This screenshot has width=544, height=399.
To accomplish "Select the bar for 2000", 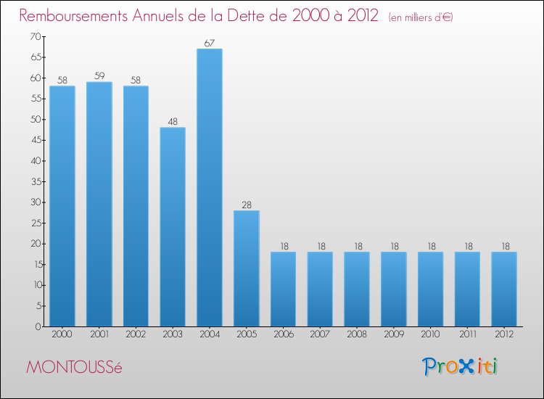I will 62,206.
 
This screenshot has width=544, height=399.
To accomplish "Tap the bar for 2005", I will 247,268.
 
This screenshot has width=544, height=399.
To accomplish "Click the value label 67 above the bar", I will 210,44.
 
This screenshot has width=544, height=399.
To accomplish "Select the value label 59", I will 99,76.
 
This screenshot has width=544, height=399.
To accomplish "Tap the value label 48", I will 173,122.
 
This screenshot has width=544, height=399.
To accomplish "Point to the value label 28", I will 247,205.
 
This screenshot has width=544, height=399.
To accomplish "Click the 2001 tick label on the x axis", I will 99,335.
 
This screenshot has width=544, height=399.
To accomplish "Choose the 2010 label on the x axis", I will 430,335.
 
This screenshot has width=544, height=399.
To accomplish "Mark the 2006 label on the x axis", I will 283,335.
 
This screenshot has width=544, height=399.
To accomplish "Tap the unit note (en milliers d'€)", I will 421,17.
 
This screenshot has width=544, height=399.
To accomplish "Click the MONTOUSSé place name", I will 75,367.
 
